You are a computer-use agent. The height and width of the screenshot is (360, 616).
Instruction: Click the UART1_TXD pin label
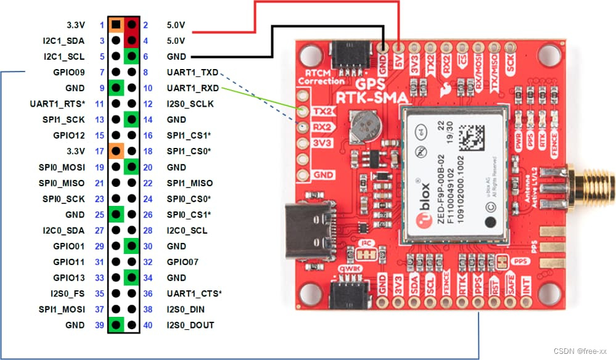point(192,73)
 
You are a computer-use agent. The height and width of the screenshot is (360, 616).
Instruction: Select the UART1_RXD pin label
point(192,88)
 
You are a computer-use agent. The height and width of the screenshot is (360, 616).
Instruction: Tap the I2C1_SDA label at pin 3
point(64,41)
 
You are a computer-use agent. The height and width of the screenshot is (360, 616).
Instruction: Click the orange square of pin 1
point(116,25)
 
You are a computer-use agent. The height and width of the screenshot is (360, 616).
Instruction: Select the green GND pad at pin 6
point(131,57)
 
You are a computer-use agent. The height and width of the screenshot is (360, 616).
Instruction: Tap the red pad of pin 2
point(131,25)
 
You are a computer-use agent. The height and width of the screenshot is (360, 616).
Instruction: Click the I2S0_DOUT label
point(191,325)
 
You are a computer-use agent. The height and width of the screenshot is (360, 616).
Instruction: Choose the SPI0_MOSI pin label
point(62,167)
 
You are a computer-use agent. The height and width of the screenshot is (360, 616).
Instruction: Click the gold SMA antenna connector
point(589,183)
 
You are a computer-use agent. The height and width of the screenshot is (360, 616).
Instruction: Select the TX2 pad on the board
point(303,112)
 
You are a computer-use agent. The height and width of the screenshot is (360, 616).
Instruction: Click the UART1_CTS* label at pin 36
point(194,293)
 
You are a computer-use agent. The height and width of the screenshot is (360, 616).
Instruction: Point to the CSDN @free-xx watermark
point(580,351)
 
